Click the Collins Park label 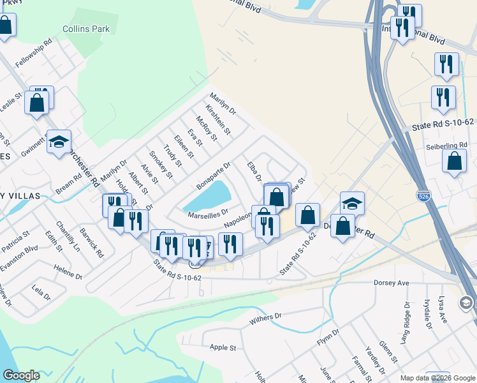(86, 29)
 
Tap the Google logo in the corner (21, 375)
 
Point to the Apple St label (223, 348)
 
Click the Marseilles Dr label (208, 215)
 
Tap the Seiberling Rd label (446, 146)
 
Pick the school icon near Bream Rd (59, 142)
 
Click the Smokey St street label (161, 163)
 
